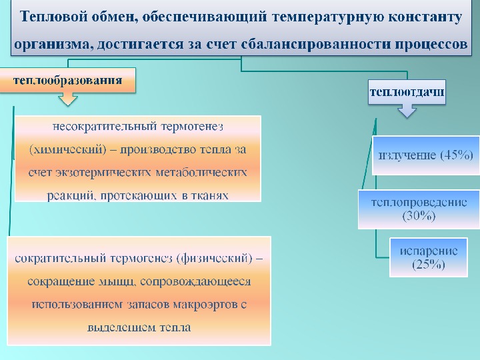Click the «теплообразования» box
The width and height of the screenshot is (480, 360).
click(x=68, y=80)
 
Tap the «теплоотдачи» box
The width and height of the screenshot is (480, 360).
click(x=407, y=92)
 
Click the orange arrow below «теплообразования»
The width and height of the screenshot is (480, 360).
click(x=67, y=99)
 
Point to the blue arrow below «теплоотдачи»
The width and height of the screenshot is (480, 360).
click(x=407, y=110)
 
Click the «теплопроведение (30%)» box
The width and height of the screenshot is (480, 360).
click(x=419, y=209)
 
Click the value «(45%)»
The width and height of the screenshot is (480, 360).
click(x=456, y=155)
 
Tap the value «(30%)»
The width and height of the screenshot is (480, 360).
click(x=419, y=216)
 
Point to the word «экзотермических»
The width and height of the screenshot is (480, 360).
click(x=104, y=173)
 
